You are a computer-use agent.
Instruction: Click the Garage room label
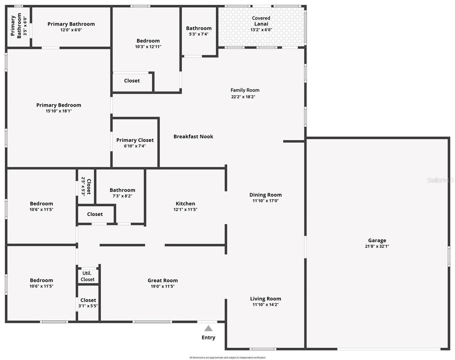coord(377,240)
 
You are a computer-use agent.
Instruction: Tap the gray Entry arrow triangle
coord(208,328)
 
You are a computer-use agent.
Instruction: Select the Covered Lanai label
coord(261,21)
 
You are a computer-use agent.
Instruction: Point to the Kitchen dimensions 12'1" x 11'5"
coord(185,209)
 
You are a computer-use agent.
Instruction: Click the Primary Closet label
coord(135,140)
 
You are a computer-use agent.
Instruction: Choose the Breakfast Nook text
coord(193,136)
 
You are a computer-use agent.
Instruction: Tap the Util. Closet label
coord(88,276)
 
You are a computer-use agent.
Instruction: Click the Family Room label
coord(245,90)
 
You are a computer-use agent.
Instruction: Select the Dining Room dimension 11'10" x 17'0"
coord(265,200)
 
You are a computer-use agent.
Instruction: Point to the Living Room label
coord(265,299)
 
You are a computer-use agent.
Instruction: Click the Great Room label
coord(163,280)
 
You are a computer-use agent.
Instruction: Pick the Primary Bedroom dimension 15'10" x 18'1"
coord(59,111)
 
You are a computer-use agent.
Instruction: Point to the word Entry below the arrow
coord(208,337)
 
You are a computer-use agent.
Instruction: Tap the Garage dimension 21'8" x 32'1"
coord(377,246)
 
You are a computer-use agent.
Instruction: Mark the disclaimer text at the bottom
coord(227,357)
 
